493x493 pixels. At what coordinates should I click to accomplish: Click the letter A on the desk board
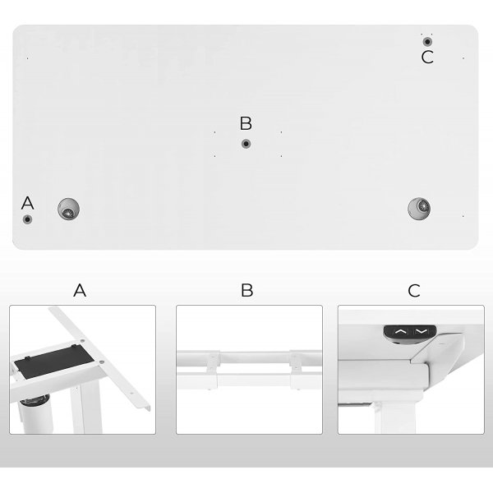click(x=28, y=202)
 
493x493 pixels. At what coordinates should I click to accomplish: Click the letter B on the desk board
click(x=246, y=123)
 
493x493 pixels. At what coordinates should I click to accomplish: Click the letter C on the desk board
click(x=427, y=57)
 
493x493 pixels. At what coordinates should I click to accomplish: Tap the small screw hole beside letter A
click(x=28, y=219)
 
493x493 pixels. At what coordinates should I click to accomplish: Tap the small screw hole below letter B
click(x=246, y=144)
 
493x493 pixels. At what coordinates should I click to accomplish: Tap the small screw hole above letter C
click(x=427, y=40)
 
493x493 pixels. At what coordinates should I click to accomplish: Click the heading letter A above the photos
click(x=80, y=290)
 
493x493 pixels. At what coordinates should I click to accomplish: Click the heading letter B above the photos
click(x=247, y=290)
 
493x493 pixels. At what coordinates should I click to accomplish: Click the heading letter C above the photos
click(x=414, y=290)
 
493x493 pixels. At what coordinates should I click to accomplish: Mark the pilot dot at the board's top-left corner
click(x=28, y=58)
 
